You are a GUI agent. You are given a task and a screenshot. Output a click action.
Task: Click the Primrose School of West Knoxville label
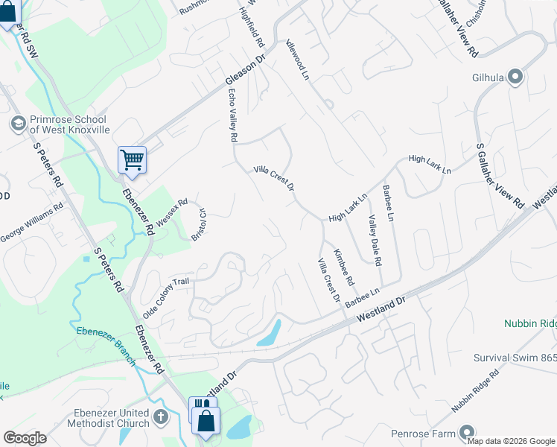[x=69, y=124]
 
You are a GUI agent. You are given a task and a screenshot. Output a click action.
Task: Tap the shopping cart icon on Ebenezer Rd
[x=132, y=159]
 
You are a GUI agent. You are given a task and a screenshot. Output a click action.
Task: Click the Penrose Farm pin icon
[x=467, y=432]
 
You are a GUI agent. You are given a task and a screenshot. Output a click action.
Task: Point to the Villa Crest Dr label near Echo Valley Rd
[x=275, y=177]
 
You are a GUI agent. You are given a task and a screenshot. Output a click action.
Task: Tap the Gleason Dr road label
[x=245, y=72]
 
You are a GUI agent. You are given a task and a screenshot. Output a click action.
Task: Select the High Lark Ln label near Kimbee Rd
[x=348, y=208]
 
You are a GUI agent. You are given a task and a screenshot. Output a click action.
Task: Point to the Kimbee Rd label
[x=344, y=266]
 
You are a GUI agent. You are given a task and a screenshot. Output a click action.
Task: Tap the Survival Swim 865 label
[x=515, y=358]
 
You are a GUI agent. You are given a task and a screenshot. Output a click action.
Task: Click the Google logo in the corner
[x=25, y=438]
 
